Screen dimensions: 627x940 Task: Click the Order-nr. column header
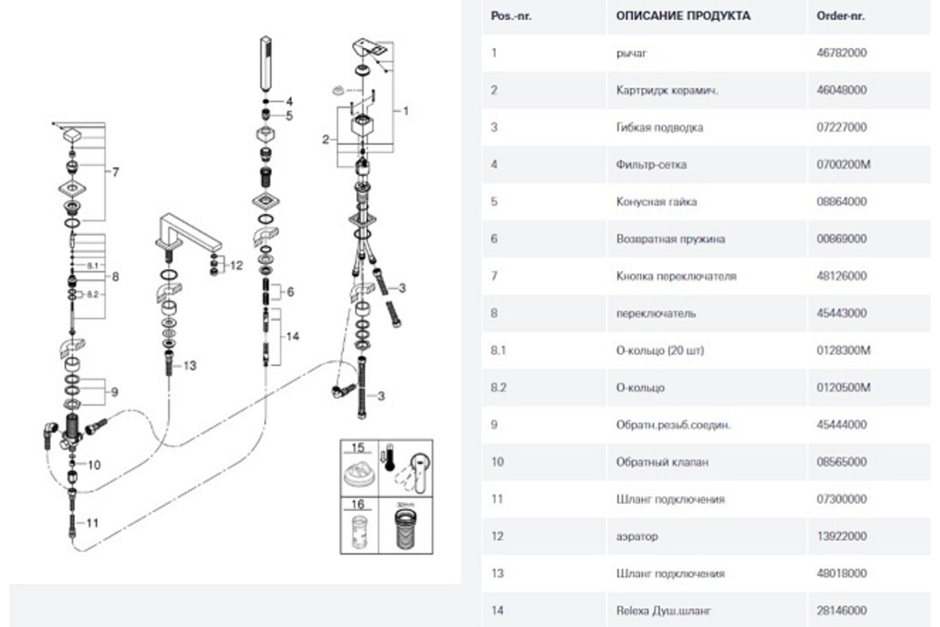[841, 16]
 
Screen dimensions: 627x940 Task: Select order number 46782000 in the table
[841, 53]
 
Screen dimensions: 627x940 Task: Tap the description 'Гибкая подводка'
[660, 128]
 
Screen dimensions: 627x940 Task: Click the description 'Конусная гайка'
[656, 201]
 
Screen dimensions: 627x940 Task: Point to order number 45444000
[841, 425]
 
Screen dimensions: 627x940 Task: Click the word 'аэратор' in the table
[637, 537]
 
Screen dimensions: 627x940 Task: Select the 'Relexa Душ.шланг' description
[664, 611]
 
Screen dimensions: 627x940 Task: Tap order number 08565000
[841, 462]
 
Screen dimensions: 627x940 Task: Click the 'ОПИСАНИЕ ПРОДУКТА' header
[682, 16]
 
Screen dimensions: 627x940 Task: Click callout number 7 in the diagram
[115, 172]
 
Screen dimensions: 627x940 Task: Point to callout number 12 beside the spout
[237, 266]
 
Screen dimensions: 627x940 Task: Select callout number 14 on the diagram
[292, 336]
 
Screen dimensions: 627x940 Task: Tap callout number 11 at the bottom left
[92, 523]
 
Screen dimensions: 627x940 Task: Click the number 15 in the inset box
[358, 449]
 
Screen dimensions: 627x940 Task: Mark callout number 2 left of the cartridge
[324, 140]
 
